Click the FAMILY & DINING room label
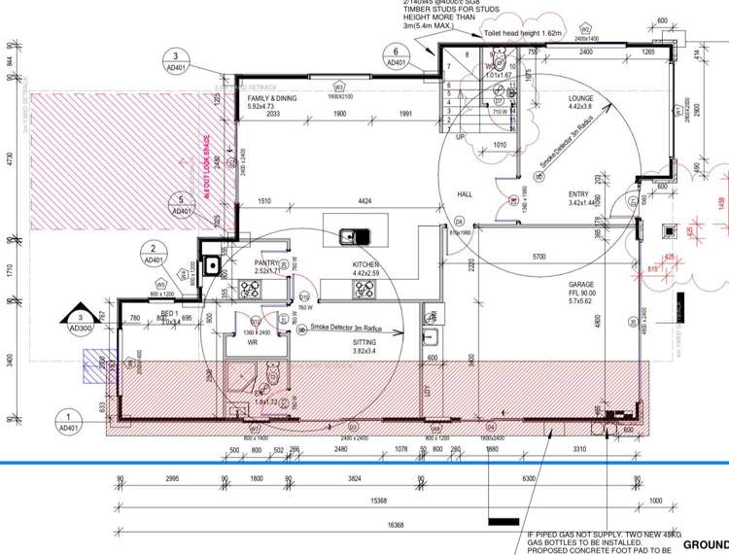[x=272, y=99]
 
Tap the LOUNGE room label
[x=587, y=99]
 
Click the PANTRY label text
[x=266, y=263]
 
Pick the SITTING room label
[x=365, y=342]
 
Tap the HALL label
[x=465, y=194]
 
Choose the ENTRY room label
[x=579, y=194]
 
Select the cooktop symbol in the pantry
[x=212, y=263]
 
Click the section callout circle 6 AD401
[x=397, y=56]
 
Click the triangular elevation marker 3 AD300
[x=78, y=320]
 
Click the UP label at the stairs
[x=461, y=136]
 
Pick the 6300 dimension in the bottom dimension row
[x=528, y=479]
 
